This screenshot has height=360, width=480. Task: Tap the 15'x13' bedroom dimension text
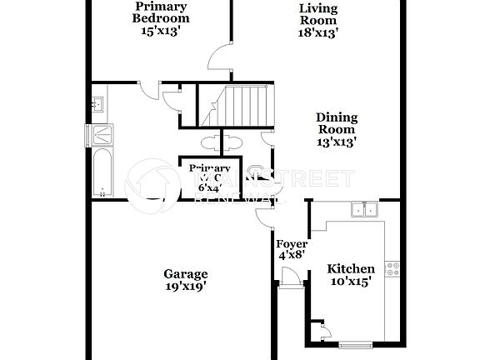tap(161, 32)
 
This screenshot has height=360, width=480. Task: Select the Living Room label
tap(318, 14)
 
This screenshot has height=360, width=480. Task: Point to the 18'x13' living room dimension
tap(318, 33)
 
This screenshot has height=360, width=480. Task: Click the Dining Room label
tap(336, 123)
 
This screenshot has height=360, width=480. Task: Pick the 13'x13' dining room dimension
tap(336, 142)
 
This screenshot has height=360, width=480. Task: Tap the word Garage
tap(185, 273)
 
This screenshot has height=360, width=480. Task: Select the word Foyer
tap(292, 244)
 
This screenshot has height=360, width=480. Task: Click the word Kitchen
tap(350, 268)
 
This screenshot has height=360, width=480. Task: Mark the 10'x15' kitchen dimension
tap(350, 282)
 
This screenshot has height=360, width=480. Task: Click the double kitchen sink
tap(362, 209)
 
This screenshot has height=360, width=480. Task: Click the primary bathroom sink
tap(97, 105)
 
